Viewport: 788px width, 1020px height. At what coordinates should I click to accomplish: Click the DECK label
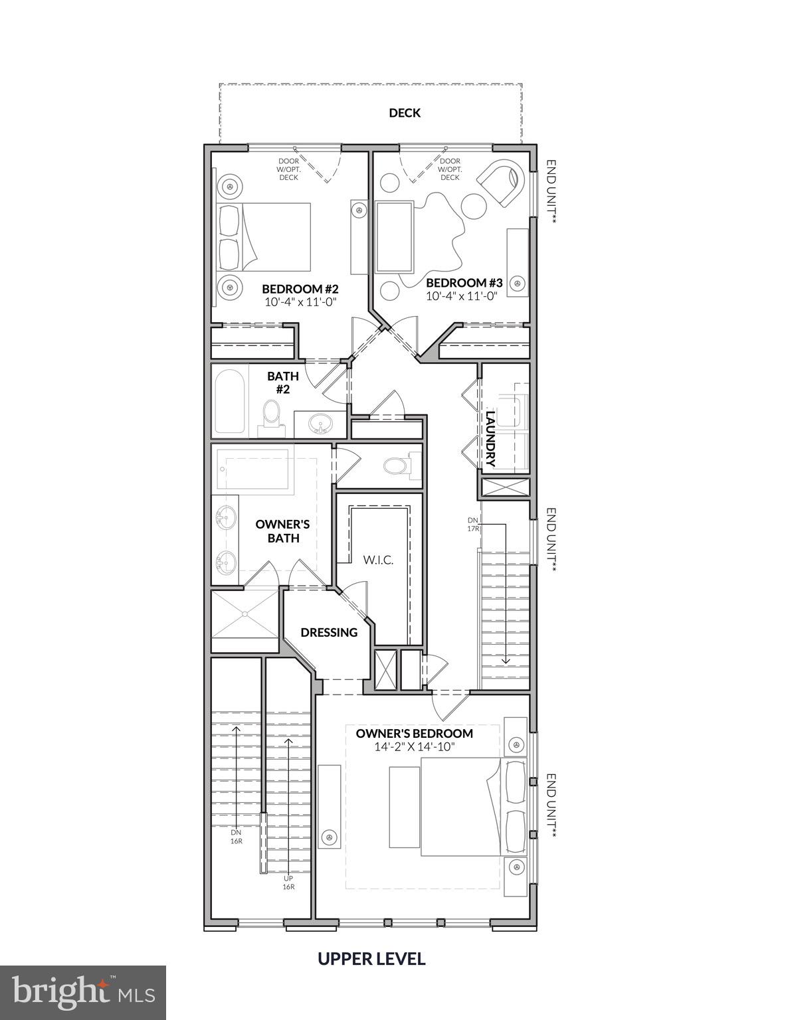pos(405,113)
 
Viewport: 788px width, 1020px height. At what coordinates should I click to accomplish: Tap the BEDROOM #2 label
pos(300,289)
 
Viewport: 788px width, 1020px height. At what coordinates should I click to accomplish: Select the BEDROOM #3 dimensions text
pos(462,296)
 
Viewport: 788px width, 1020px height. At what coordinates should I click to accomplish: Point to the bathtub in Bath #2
pos(228,400)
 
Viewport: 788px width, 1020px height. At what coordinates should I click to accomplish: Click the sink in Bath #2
pos(321,423)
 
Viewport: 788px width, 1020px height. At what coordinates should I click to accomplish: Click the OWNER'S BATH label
pos(283,531)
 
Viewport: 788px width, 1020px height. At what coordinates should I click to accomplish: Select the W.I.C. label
pos(378,560)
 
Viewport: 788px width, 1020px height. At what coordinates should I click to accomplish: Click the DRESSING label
pos(329,632)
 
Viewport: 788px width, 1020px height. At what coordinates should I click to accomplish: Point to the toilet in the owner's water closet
pos(396,465)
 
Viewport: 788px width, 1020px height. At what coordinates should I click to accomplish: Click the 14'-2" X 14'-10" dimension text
pos(414,747)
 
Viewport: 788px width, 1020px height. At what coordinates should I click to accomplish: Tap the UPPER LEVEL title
pos(371,958)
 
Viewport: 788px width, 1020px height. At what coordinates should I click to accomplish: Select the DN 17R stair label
pos(472,524)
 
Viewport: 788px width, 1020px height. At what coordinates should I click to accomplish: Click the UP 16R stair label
pos(288,882)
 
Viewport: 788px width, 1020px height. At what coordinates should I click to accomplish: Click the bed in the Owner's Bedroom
pos(458,807)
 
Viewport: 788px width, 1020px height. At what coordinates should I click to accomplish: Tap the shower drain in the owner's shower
pos(245,614)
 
